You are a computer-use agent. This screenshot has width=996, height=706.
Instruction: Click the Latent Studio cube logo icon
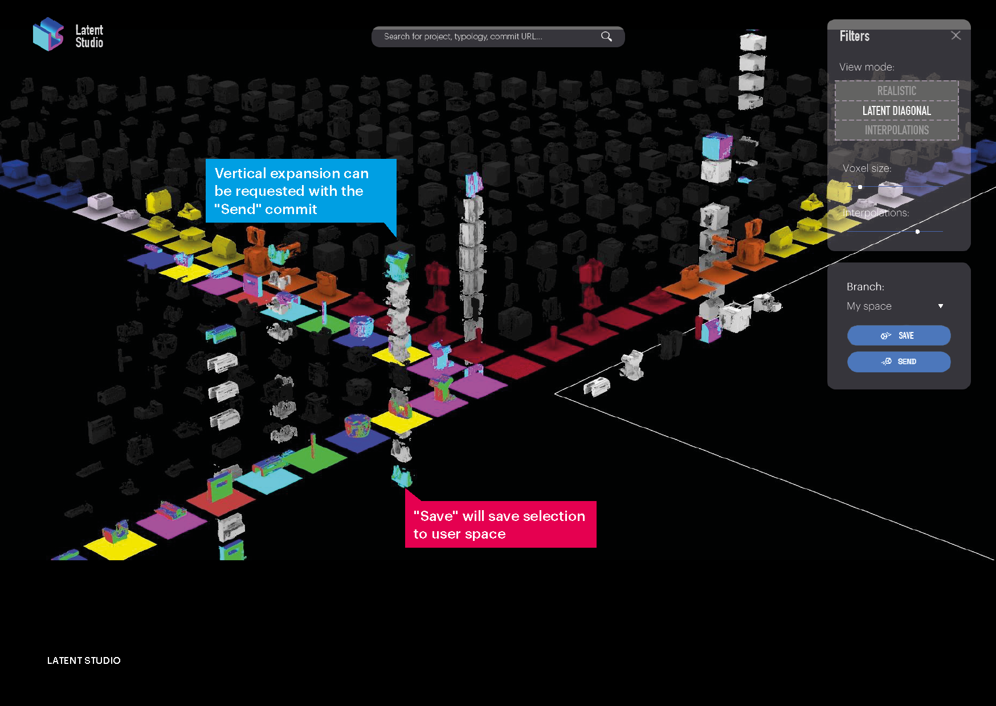click(48, 34)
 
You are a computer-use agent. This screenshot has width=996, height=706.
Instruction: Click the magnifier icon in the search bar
click(606, 36)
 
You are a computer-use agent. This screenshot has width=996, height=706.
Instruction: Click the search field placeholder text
click(463, 36)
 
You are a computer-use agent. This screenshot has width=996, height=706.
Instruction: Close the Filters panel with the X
click(956, 36)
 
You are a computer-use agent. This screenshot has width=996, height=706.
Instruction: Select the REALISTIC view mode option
click(896, 91)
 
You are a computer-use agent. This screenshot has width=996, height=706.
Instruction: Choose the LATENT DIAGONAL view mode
click(896, 111)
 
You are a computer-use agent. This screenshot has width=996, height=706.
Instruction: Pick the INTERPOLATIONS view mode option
click(896, 130)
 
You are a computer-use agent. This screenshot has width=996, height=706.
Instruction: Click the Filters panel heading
click(854, 36)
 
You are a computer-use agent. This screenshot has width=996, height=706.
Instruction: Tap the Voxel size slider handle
click(860, 187)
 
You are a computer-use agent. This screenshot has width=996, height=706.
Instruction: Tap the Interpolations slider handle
click(917, 232)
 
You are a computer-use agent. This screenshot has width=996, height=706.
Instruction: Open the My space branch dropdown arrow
click(940, 306)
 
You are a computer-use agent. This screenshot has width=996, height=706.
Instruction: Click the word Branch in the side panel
click(865, 286)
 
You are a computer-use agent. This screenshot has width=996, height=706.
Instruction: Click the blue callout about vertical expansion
click(300, 191)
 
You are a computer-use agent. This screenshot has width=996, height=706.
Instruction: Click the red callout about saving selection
click(500, 524)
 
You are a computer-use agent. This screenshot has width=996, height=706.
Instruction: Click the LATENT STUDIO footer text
click(84, 660)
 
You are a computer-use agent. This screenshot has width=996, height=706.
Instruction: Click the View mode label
click(867, 67)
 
